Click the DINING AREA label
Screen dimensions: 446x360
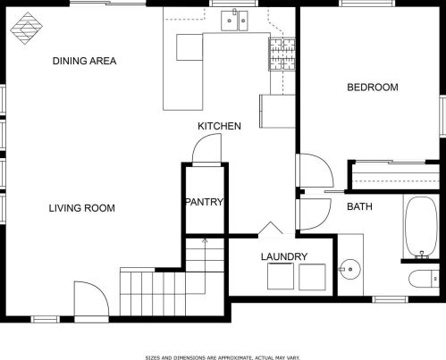click(x=84, y=61)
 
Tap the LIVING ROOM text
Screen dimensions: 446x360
click(x=82, y=208)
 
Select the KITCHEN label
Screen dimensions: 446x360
click(x=219, y=126)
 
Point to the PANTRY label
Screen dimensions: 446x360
click(x=205, y=202)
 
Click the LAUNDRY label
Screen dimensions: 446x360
click(x=284, y=256)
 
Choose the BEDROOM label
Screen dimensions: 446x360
click(x=373, y=88)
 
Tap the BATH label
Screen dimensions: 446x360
click(x=359, y=206)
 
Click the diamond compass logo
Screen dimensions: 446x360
click(x=26, y=29)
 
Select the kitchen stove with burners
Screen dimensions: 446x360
click(x=282, y=54)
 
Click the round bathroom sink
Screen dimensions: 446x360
click(x=350, y=270)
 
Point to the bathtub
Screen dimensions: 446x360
click(x=422, y=227)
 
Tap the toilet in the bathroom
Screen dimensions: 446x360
click(x=424, y=279)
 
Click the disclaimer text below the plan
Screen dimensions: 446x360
click(x=223, y=357)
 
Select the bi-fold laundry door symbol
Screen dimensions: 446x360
click(x=270, y=228)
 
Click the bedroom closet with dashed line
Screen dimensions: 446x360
click(x=395, y=176)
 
